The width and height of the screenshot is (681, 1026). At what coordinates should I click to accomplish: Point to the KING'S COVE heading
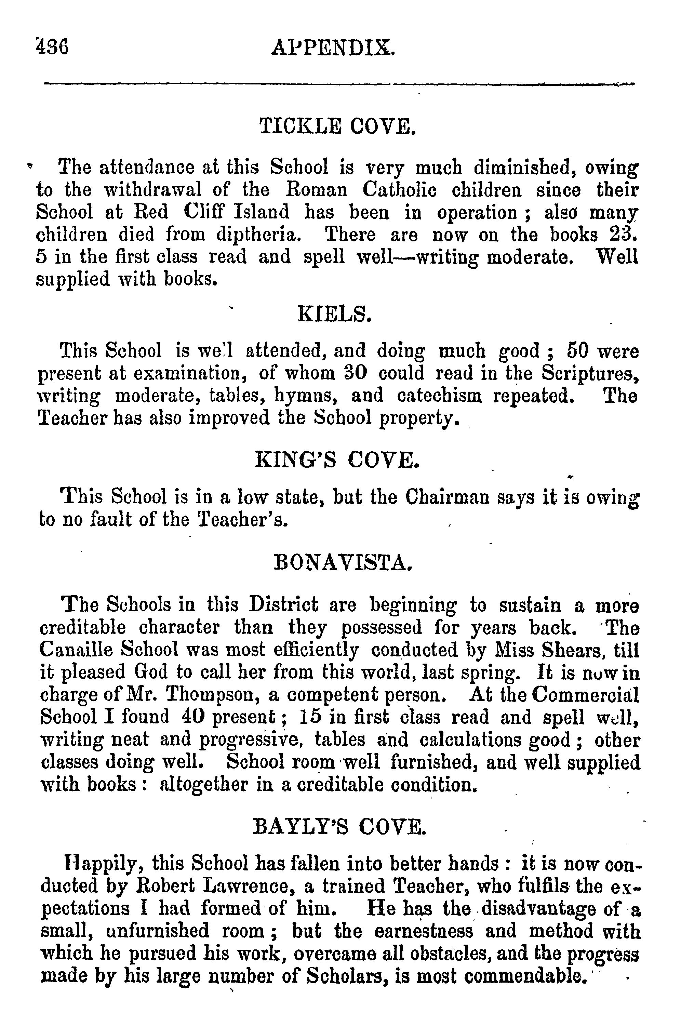tap(337, 461)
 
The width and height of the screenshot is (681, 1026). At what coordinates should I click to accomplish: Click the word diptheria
tap(258, 235)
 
